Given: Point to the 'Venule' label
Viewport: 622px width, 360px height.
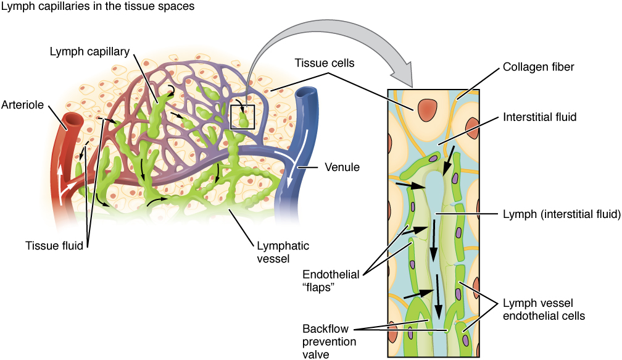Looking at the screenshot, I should pos(342,167).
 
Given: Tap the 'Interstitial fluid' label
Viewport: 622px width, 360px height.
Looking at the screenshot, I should pos(539,117).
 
